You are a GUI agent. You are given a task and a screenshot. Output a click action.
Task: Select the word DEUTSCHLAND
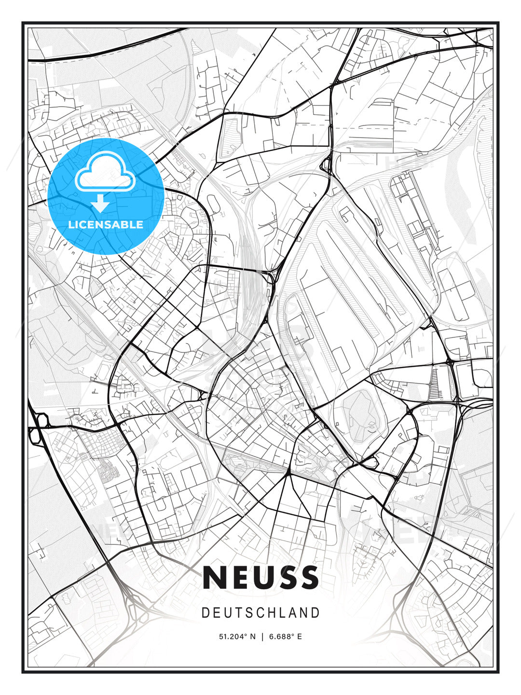coord(260,613)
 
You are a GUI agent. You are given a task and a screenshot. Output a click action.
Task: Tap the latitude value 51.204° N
coord(237,637)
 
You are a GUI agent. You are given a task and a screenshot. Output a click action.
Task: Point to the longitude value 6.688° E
coord(285,637)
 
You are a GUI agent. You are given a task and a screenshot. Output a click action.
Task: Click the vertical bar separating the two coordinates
coord(261,637)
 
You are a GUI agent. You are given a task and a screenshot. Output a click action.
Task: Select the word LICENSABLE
coord(106,224)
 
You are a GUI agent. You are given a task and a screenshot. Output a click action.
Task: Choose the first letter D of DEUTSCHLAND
coord(205,613)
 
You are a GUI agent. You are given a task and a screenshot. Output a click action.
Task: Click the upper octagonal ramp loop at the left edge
coord(42,421)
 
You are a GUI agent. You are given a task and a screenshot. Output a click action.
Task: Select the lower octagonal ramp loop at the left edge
coord(35,435)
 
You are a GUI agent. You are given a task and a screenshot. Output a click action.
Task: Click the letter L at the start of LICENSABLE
coord(71,224)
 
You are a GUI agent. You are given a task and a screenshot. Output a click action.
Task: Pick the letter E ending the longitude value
coord(300,637)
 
